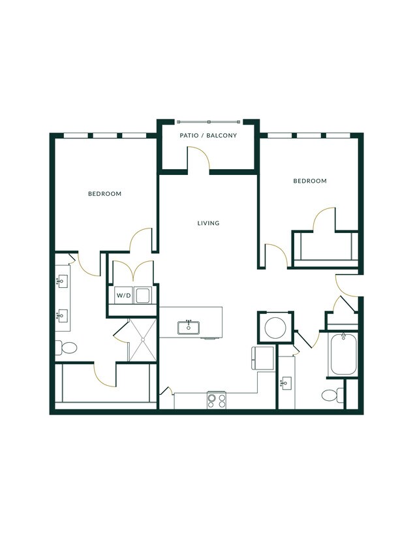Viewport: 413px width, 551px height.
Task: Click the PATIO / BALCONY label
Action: tap(208, 135)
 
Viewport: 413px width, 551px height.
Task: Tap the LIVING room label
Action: tap(208, 223)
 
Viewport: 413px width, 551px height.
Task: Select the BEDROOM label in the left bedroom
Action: tap(104, 194)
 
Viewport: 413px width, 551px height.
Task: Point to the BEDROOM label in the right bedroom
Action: tap(310, 181)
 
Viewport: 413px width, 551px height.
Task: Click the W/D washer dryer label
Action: tap(123, 296)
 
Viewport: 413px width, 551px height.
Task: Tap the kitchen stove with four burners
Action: tap(217, 401)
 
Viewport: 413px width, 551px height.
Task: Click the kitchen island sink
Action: tap(189, 327)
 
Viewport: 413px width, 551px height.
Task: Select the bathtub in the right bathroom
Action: tap(343, 354)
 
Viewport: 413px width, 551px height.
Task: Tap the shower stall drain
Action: tap(143, 339)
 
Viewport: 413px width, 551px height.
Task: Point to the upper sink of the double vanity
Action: tap(62, 281)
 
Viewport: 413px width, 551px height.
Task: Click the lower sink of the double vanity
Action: tap(62, 315)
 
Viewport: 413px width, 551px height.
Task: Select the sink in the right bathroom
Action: tap(286, 383)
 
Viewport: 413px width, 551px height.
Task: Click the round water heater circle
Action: tap(275, 328)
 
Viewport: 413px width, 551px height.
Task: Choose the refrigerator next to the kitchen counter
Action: tap(263, 358)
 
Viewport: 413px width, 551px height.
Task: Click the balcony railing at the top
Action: tap(209, 122)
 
